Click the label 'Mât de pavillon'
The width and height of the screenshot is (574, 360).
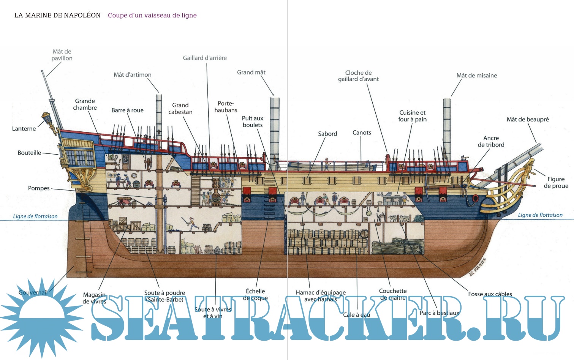coord(62,55)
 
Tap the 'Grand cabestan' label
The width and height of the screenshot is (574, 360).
coord(180,109)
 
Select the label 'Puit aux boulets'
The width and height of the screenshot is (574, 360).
coord(253,122)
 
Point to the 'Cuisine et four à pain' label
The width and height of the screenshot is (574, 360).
coord(412,116)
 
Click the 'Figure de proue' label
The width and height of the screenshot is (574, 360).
coord(556,182)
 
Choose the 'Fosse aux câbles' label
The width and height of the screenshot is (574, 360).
coord(490,294)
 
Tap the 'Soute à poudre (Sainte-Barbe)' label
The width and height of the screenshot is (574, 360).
coord(164,296)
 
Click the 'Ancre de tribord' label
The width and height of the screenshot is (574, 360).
coord(491,141)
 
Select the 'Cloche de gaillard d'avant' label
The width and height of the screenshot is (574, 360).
coord(358,76)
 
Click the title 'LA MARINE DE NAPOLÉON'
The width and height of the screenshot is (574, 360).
coord(57,15)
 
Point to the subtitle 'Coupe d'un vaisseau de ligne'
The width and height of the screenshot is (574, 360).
coord(152,15)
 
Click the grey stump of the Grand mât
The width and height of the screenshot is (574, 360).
coord(274,129)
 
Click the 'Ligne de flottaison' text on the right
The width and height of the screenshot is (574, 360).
coord(540,215)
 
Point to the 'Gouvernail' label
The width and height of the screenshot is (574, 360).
coord(33,292)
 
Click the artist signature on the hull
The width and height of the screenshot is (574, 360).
coord(478,267)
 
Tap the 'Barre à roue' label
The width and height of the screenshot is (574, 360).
coord(127,110)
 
